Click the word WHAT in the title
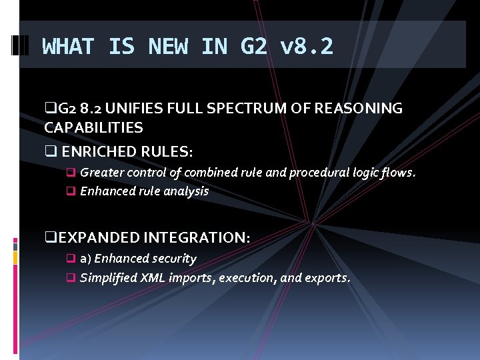pos(67,47)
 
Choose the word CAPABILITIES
pos(93,127)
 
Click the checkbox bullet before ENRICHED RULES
pos(49,152)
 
